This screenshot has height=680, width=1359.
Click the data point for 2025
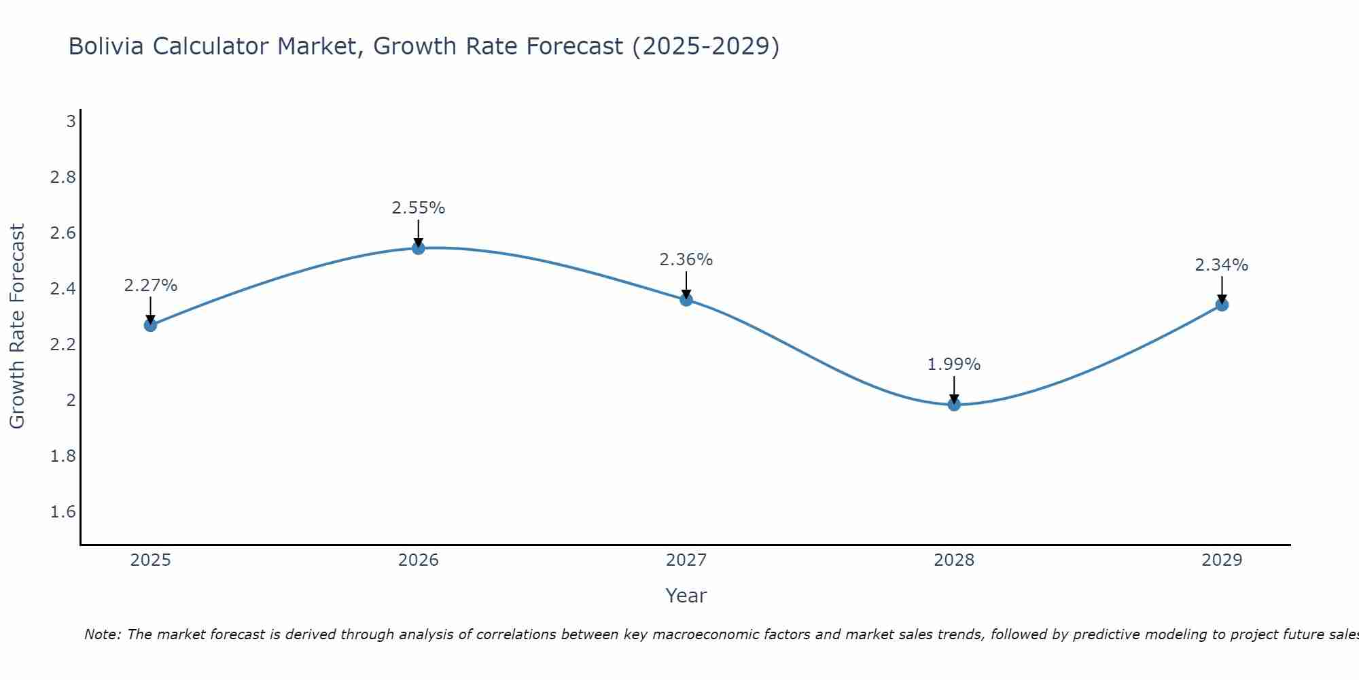click(x=150, y=325)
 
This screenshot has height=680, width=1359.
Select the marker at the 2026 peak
click(x=419, y=248)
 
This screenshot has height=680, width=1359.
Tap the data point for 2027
click(x=686, y=300)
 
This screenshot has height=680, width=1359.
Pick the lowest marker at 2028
click(x=954, y=405)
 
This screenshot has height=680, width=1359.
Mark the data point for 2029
click(x=1222, y=305)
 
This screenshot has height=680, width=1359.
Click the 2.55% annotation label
click(x=419, y=208)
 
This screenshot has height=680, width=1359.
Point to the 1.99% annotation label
click(x=954, y=364)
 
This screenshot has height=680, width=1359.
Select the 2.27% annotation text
click(x=150, y=286)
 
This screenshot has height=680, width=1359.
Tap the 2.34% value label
click(x=1222, y=265)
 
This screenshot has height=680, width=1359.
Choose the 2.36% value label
click(x=686, y=260)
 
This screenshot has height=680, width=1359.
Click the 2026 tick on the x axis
click(x=419, y=560)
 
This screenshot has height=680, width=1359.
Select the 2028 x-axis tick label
click(x=954, y=560)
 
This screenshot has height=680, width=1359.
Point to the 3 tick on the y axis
click(x=70, y=122)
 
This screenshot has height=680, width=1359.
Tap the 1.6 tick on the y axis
click(x=63, y=512)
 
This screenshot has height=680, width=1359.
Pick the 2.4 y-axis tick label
click(x=63, y=289)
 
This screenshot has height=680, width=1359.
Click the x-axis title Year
click(x=686, y=596)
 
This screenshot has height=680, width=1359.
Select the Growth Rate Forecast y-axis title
click(x=18, y=326)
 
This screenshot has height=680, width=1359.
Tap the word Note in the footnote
click(x=102, y=634)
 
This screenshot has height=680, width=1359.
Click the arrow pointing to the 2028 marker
click(x=954, y=390)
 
